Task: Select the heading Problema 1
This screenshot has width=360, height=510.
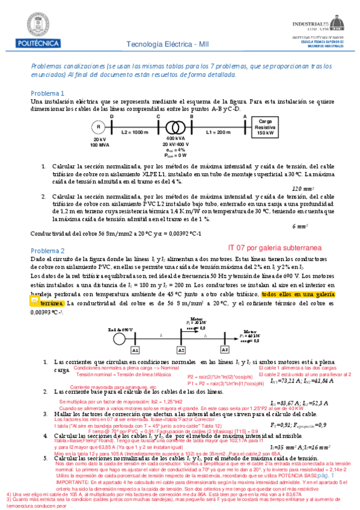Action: (47, 93)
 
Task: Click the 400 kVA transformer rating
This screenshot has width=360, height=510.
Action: (175, 140)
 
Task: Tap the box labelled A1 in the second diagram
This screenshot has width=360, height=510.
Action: (136, 349)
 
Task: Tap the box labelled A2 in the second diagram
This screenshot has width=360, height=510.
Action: (181, 349)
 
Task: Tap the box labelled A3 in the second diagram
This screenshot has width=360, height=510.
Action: (225, 349)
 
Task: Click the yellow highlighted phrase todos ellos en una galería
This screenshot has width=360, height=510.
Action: (299, 295)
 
